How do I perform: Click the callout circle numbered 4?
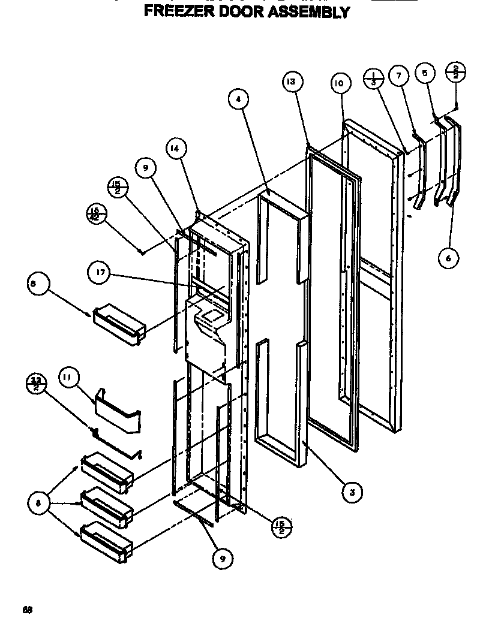[239, 101]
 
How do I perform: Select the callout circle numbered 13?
[292, 83]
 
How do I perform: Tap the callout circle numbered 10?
[338, 83]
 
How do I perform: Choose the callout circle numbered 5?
[425, 74]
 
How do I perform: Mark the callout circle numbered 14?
[176, 148]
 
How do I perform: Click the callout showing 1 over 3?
[374, 79]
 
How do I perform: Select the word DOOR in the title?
[243, 11]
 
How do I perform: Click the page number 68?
[27, 610]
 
